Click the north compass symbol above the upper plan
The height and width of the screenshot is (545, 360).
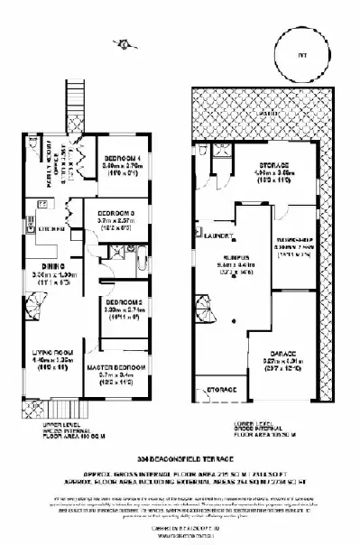pos(119,42)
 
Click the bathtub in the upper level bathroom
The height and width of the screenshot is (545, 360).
pos(150,263)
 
